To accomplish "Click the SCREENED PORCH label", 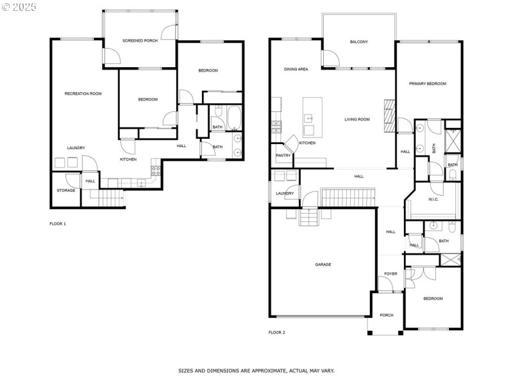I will [x=140, y=40].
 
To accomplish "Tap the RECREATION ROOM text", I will [x=83, y=93].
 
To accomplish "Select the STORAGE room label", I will [x=65, y=190].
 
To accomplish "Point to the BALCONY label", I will [x=358, y=42].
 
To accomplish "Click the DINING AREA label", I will [x=296, y=69].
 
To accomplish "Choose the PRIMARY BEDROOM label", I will [x=428, y=83].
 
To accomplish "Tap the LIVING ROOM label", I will [x=357, y=119].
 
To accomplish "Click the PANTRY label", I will [x=283, y=155].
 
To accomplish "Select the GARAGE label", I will [x=323, y=264].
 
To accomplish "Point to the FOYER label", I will [x=391, y=274].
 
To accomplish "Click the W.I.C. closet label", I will [x=433, y=199].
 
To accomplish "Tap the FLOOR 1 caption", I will [x=58, y=224].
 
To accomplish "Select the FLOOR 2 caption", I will [x=276, y=332].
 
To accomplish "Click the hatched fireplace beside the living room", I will [x=388, y=115].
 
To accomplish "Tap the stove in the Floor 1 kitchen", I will [x=155, y=170].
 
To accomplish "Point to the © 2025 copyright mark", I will [x=19, y=6].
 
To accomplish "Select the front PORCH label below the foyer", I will [x=387, y=315].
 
